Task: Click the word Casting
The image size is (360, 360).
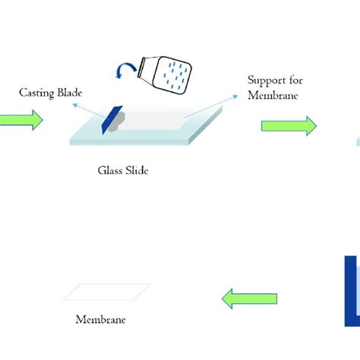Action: tap(36, 93)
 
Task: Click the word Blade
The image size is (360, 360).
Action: tap(70, 93)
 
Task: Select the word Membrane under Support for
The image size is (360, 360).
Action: tap(273, 95)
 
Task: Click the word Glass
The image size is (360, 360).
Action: tap(110, 170)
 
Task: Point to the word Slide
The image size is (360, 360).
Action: tap(137, 170)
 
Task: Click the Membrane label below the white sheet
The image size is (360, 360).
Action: tap(100, 320)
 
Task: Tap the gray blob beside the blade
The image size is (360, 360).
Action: tap(118, 122)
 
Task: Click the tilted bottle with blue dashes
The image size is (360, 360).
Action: tap(165, 74)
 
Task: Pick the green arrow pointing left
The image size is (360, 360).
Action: tap(249, 298)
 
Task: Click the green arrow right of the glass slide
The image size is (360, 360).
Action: tap(289, 126)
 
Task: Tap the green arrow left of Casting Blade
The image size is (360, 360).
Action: tap(21, 120)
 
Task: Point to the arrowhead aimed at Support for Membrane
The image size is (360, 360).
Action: tap(235, 96)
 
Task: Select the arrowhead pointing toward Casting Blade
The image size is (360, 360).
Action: tap(75, 106)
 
